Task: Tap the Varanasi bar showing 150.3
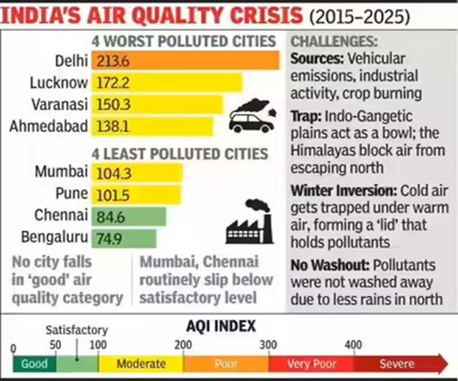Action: [x=158, y=103]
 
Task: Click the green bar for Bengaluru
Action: [x=124, y=238]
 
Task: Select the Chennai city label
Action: [x=62, y=217]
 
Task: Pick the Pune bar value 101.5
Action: [x=113, y=196]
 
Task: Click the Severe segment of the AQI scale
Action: [x=396, y=364]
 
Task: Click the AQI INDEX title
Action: [x=220, y=325]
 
